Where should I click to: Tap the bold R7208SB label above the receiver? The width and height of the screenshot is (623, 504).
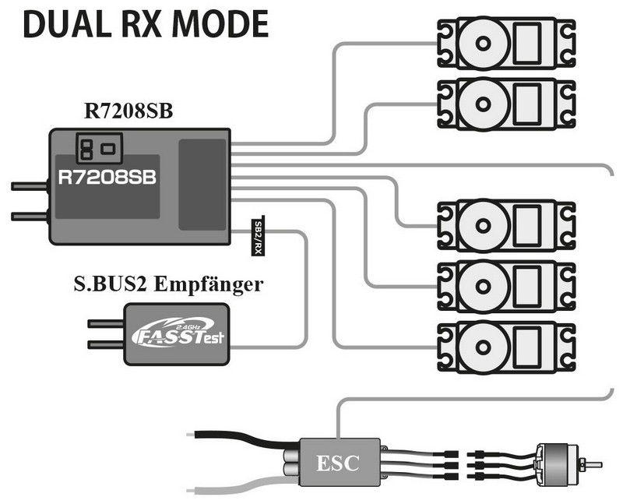[x=128, y=111]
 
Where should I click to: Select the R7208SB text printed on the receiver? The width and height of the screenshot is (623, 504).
[x=107, y=177]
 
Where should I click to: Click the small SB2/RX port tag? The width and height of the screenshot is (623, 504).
[x=258, y=236]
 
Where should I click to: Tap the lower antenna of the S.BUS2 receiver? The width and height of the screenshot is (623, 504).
[x=105, y=344]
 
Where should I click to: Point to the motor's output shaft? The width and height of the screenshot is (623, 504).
[x=593, y=465]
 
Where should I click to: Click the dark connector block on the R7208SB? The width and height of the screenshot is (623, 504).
[x=202, y=185]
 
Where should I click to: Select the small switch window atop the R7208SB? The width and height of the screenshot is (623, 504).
[x=97, y=145]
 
